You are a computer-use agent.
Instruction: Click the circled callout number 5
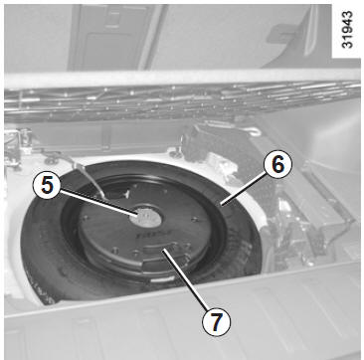tap(47, 187)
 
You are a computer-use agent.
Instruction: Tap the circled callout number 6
tap(277, 166)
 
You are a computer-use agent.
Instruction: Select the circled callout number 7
tap(216, 320)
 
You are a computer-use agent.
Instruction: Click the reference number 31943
tap(347, 29)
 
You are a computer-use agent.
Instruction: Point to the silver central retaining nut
tap(145, 218)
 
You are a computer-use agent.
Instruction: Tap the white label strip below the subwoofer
tap(162, 279)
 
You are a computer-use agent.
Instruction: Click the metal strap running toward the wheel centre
tap(89, 179)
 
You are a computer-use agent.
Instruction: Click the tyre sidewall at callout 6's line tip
tap(222, 206)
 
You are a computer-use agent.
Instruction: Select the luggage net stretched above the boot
tap(182, 99)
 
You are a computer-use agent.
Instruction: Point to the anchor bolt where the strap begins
tap(53, 160)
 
